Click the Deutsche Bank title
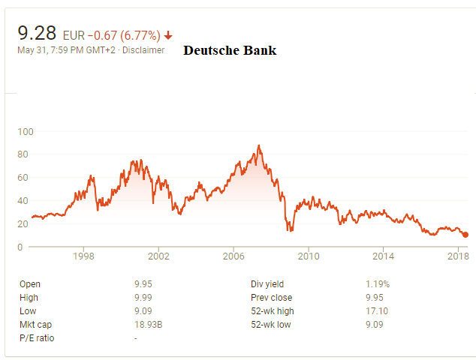(x=230, y=51)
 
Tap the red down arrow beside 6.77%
(x=168, y=35)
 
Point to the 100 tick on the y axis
(x=26, y=131)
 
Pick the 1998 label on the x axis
(x=83, y=256)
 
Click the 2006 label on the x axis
(x=233, y=256)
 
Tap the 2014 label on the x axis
(x=383, y=256)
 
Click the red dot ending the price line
(x=465, y=235)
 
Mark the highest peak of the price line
(x=259, y=145)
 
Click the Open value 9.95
(x=143, y=284)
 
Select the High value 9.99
(x=143, y=298)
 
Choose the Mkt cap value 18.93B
(x=146, y=324)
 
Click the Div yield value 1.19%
(x=378, y=284)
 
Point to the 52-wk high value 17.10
(x=376, y=311)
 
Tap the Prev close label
(x=272, y=298)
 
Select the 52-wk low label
(x=272, y=324)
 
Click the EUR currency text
(x=73, y=35)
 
